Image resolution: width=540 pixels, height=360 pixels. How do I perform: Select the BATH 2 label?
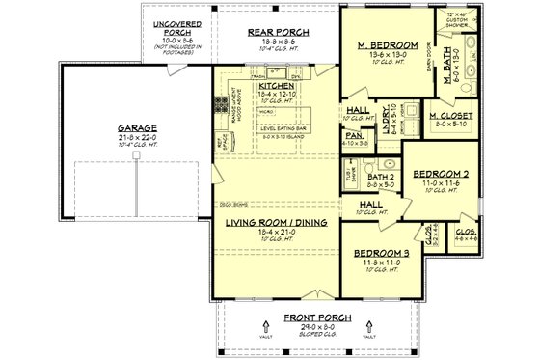[x=386, y=178]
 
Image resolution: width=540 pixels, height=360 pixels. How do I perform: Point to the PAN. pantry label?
[x=353, y=136]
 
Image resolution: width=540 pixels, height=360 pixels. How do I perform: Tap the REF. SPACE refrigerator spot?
[x=226, y=139]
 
